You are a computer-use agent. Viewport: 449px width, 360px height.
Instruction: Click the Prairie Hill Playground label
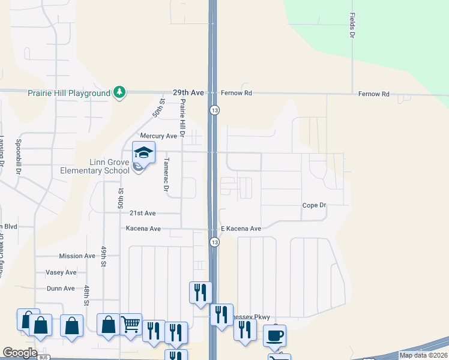pyautogui.click(x=69, y=93)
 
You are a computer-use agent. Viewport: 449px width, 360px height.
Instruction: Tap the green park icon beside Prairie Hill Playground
pyautogui.click(x=120, y=92)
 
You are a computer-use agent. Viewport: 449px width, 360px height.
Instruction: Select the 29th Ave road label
pyautogui.click(x=188, y=93)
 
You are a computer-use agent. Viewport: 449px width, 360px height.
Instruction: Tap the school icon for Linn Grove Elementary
pyautogui.click(x=143, y=154)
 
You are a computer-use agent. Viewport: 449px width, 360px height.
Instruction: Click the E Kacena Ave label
pyautogui.click(x=241, y=229)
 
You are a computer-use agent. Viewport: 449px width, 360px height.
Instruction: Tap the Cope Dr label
pyautogui.click(x=314, y=205)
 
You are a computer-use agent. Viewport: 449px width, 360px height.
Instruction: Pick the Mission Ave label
pyautogui.click(x=77, y=256)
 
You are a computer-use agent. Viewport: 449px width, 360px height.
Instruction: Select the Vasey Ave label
pyautogui.click(x=61, y=272)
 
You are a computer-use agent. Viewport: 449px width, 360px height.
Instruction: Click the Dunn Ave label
pyautogui.click(x=61, y=288)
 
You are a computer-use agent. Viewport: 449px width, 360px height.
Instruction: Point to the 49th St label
pyautogui.click(x=103, y=256)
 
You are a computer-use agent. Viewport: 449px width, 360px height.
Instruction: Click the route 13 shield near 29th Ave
pyautogui.click(x=214, y=110)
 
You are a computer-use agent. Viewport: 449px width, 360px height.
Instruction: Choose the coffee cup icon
pyautogui.click(x=275, y=335)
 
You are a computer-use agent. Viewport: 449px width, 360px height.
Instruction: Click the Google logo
pyautogui.click(x=20, y=353)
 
